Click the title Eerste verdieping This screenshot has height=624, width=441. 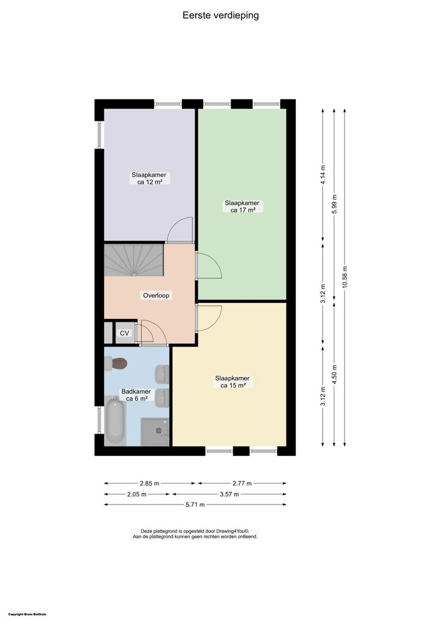(221, 16)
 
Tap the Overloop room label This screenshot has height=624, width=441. (156, 295)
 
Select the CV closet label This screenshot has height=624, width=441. (125, 333)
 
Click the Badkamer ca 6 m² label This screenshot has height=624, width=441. (136, 395)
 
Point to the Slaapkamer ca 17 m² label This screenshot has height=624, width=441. (242, 206)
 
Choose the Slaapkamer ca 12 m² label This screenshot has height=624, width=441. (149, 179)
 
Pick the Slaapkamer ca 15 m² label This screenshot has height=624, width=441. (232, 382)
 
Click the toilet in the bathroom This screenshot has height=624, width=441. (116, 364)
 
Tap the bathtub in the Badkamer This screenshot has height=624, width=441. (115, 421)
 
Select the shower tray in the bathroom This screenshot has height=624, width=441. (155, 432)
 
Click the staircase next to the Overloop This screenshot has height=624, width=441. (134, 260)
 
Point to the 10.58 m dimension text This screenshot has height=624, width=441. (345, 277)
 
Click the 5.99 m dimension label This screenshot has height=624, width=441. (334, 204)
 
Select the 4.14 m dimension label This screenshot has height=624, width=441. (323, 174)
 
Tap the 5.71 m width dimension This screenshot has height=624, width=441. (195, 504)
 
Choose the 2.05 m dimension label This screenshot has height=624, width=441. (137, 494)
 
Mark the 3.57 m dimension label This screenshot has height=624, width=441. (229, 494)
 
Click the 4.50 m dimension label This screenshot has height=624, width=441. (334, 374)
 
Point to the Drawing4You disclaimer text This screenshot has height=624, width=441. (195, 534)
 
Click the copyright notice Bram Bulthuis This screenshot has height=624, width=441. (27, 614)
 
